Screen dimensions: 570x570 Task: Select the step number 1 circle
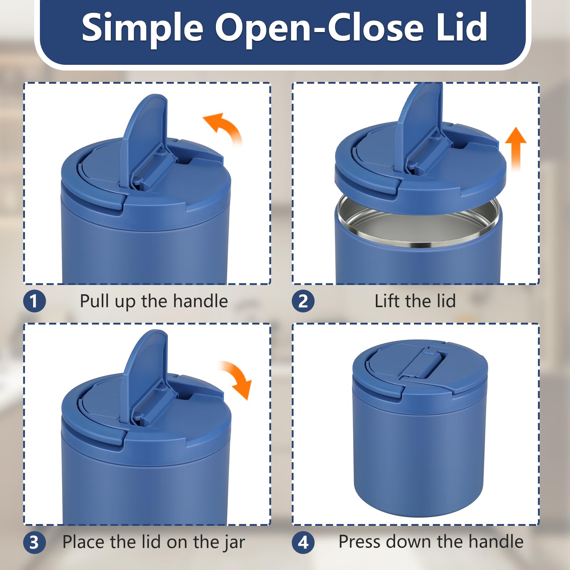[35, 301]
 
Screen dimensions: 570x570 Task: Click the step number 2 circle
[303, 301]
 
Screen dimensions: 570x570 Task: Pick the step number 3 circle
[35, 543]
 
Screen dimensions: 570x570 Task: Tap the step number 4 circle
[303, 543]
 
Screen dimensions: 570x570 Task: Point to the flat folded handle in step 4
[424, 363]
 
